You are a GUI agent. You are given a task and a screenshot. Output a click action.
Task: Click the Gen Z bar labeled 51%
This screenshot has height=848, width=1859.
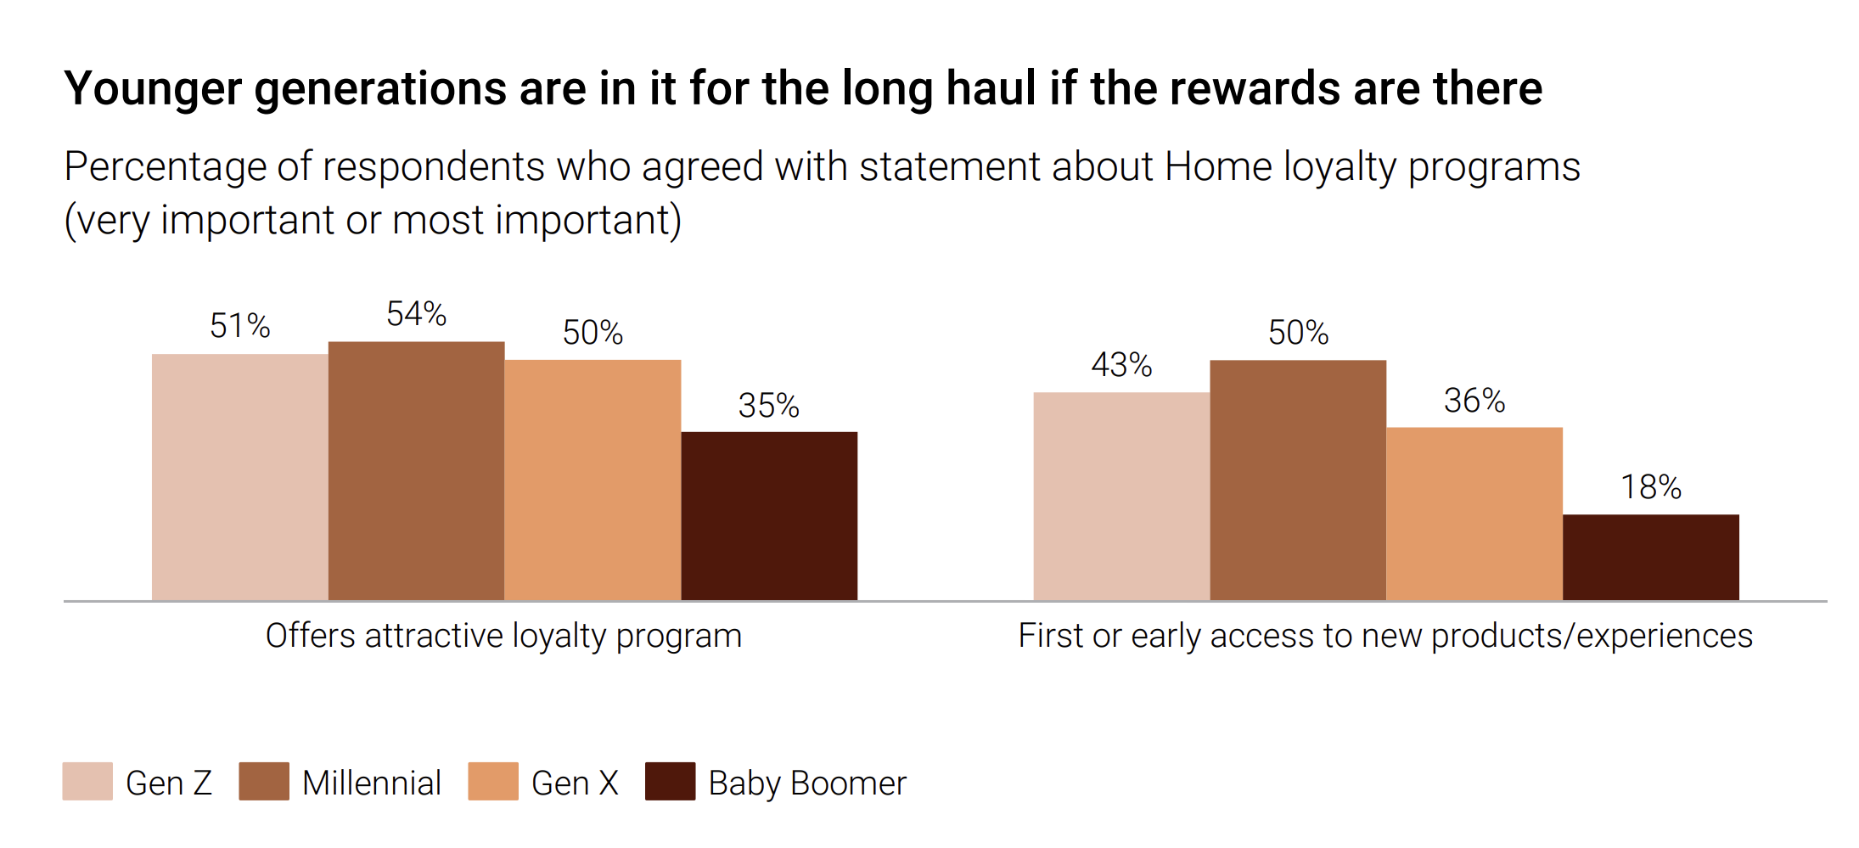coord(239,477)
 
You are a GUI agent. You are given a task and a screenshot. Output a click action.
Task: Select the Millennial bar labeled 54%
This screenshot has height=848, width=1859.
coord(416,471)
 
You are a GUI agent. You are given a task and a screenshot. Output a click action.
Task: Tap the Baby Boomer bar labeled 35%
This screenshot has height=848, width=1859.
coord(769,516)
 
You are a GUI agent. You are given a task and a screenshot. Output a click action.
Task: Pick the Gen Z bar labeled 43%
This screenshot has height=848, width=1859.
coord(1121,497)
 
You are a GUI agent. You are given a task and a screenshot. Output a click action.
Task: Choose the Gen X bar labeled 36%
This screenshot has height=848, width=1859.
coord(1474,514)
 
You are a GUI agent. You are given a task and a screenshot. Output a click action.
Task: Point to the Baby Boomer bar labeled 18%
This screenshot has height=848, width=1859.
coord(1651,557)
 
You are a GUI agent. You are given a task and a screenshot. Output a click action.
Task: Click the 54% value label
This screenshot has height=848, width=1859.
coord(416,314)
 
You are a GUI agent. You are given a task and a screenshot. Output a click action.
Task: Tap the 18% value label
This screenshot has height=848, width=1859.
coord(1651,487)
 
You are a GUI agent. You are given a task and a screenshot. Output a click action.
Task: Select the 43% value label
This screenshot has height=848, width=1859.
coord(1121,365)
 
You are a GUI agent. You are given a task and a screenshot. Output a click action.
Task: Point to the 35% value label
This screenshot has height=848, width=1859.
coord(769,406)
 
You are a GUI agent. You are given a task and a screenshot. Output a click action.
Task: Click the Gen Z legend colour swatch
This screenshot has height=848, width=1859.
coord(87,781)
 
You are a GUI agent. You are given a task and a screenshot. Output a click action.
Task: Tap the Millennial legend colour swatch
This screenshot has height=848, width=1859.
coord(264,781)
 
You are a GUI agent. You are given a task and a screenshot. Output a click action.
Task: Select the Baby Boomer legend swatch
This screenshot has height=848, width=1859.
coord(670,781)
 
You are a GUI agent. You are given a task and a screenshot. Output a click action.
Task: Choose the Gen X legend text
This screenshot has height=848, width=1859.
coord(575,783)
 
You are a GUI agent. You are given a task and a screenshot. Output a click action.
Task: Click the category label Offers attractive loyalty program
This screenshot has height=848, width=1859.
coord(503,636)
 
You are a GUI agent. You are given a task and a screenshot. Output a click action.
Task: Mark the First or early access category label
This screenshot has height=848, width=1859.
coord(1385,636)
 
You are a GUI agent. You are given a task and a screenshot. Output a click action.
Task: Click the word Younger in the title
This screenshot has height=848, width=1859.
coord(153,89)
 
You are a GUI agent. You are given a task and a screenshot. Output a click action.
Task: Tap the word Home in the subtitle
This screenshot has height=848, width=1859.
coord(1218,166)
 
